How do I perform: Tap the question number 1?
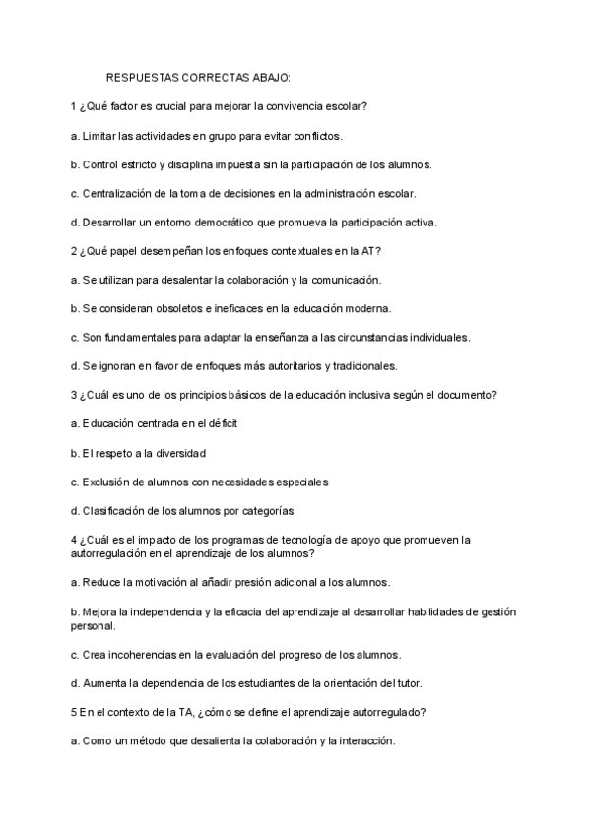pyautogui.click(x=73, y=105)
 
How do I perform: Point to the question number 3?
pyautogui.click(x=73, y=395)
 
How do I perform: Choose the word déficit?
pyautogui.click(x=219, y=423)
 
